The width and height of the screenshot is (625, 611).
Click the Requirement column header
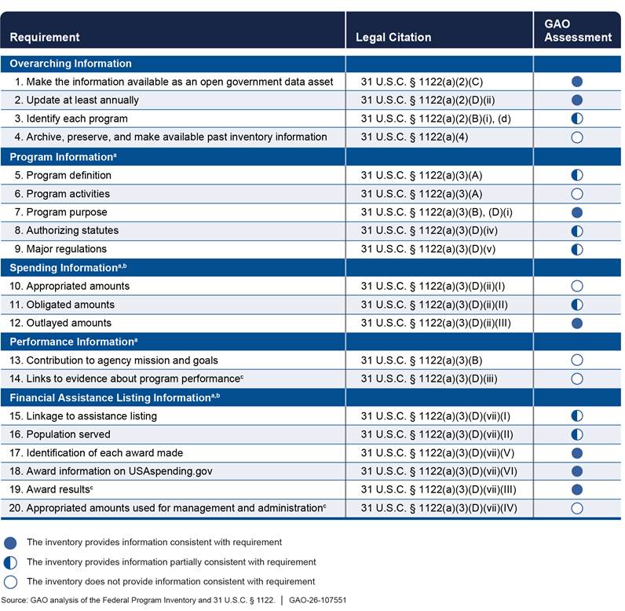pyautogui.click(x=45, y=37)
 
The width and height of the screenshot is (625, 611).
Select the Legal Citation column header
pyautogui.click(x=393, y=37)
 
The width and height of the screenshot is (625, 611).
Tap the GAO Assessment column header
pyautogui.click(x=577, y=31)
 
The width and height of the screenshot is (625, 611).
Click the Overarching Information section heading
pyautogui.click(x=71, y=64)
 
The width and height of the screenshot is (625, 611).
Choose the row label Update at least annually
pyautogui.click(x=82, y=100)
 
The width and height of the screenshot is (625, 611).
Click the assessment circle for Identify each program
pyautogui.click(x=577, y=119)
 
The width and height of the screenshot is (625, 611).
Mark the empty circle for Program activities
pyautogui.click(x=577, y=194)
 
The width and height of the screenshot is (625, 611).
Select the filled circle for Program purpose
pyautogui.click(x=577, y=213)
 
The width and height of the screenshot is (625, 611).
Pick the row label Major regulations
pyautogui.click(x=68, y=249)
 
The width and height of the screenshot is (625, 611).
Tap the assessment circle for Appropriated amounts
pyautogui.click(x=577, y=287)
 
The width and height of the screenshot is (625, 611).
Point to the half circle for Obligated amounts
pyautogui.click(x=577, y=305)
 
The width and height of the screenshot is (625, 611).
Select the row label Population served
pyautogui.click(x=68, y=434)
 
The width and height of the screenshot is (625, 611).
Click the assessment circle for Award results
pyautogui.click(x=577, y=490)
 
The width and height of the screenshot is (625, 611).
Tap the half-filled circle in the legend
pyautogui.click(x=11, y=562)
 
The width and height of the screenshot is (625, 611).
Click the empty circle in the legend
pyautogui.click(x=11, y=582)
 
